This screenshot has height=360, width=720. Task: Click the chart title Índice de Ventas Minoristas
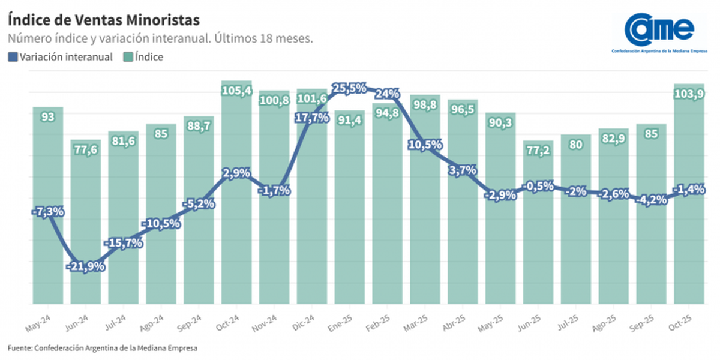[x=103, y=20]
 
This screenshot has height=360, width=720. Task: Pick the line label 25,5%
[x=350, y=88]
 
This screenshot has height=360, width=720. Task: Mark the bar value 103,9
[x=689, y=93]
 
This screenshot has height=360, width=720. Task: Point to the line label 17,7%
[x=312, y=118]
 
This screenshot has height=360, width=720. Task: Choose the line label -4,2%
[x=652, y=200]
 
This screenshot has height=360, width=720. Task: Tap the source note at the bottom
[x=102, y=348]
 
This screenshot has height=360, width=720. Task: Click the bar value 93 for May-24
[x=48, y=117]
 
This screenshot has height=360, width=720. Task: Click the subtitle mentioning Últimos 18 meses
[x=161, y=38]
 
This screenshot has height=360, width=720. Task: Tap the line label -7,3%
[x=48, y=211]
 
